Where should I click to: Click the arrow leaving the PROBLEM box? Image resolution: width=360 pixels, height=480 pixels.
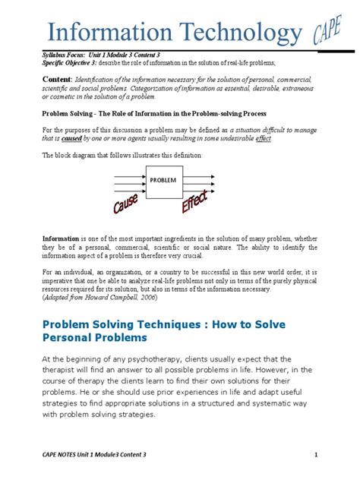[199, 181]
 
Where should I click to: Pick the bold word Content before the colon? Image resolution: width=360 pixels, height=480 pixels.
[58, 79]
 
